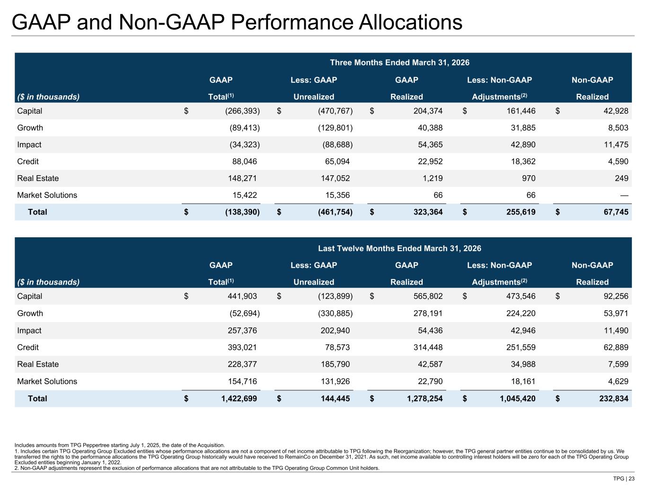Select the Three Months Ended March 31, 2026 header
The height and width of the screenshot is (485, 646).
[x=399, y=63]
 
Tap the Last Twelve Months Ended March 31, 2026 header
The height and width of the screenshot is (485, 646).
[x=399, y=248]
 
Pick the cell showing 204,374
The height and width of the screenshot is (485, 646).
[x=428, y=111]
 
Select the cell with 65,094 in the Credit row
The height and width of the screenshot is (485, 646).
[x=337, y=162]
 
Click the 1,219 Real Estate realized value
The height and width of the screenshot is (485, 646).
[x=433, y=178]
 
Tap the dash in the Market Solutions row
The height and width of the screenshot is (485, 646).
[x=624, y=195]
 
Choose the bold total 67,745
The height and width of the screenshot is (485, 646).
[x=616, y=212]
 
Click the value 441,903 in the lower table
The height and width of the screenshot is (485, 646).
[x=242, y=296]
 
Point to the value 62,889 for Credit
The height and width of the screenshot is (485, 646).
[x=616, y=348]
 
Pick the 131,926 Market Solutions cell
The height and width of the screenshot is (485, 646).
[x=335, y=381]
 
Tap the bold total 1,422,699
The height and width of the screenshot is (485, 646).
[x=239, y=399]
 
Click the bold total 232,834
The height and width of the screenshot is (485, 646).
[x=614, y=399]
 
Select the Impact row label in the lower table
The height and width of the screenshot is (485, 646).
[x=29, y=331]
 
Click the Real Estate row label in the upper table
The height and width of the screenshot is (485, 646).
[x=38, y=178]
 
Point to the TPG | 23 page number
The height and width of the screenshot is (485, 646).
[x=624, y=478]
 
